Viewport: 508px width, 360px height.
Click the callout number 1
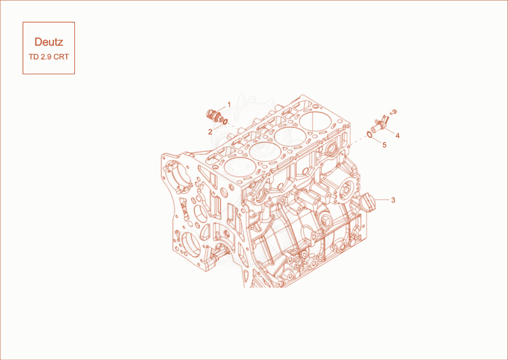pyautogui.click(x=229, y=105)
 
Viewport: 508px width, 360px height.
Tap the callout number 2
pyautogui.click(x=210, y=132)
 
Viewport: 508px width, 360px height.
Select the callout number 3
pyautogui.click(x=393, y=200)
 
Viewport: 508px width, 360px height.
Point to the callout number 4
pyautogui.click(x=398, y=135)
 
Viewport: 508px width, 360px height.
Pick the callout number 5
pyautogui.click(x=385, y=145)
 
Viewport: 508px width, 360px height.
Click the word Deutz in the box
pyautogui.click(x=49, y=42)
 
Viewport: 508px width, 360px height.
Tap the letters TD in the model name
pyautogui.click(x=34, y=57)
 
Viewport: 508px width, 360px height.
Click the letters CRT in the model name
pyautogui.click(x=61, y=57)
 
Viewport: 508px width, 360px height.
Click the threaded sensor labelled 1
pyautogui.click(x=214, y=116)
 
